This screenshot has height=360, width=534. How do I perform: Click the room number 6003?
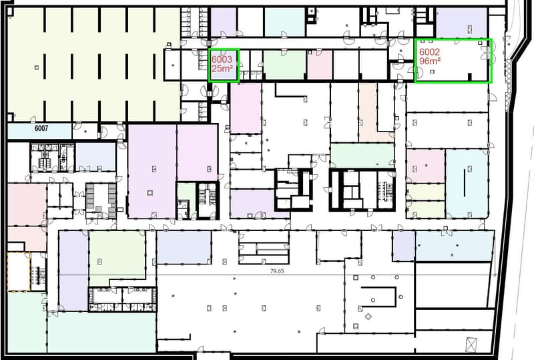pos(222,59)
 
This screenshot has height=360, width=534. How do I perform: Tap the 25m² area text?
pos(222,68)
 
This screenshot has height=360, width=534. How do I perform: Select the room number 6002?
pos(429,52)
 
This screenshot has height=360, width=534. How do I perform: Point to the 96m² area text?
pos(430,61)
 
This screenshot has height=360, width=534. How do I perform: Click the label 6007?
pos(41,128)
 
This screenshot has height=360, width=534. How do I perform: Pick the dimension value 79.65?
pos(277,271)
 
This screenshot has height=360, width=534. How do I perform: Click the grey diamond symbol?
pos(368,317)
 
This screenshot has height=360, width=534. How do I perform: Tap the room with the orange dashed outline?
pos(19,272)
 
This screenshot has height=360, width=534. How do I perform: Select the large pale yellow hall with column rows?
pos(93,64)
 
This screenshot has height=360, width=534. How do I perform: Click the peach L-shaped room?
pos(368,112)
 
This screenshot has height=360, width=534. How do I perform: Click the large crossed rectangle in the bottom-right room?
pos(471,344)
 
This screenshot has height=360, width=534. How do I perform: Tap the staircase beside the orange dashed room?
pos(39,272)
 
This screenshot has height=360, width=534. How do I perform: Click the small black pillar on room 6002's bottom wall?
pos(469,77)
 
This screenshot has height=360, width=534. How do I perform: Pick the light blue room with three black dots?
pos(455,246)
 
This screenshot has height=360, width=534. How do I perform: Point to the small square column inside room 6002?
pos(433,71)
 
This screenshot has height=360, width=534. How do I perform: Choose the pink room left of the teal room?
pos(426,166)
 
